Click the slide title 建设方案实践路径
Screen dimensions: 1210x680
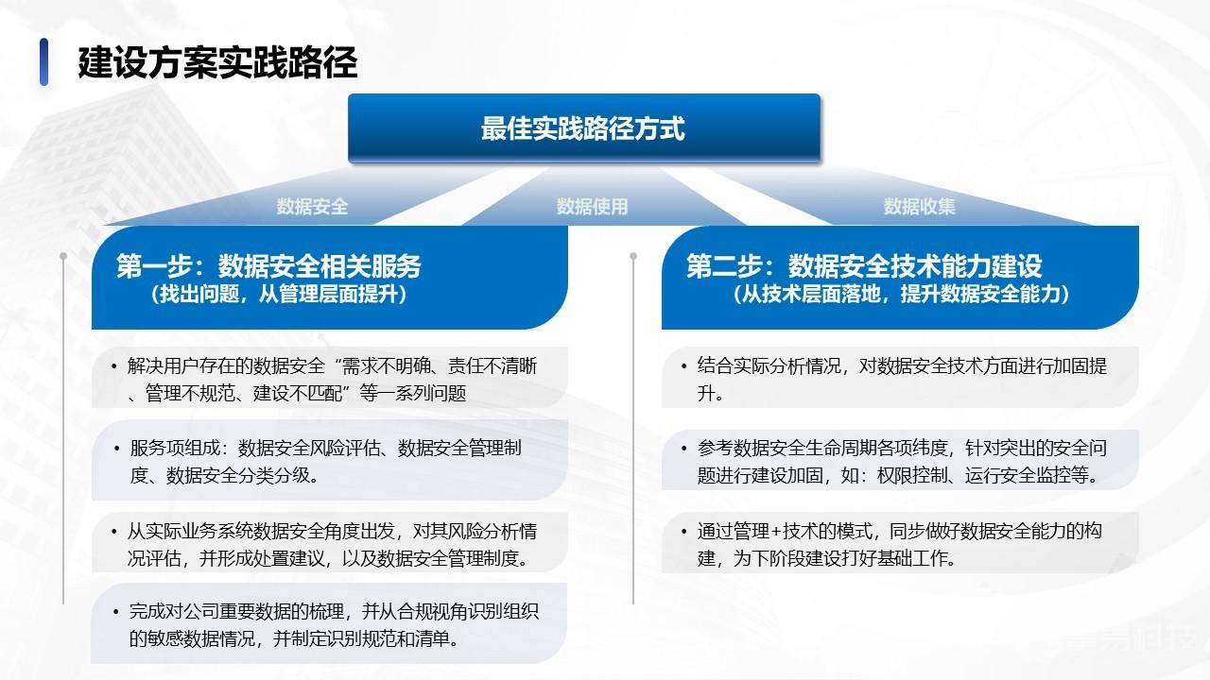point(217,62)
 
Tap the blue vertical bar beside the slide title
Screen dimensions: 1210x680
point(43,62)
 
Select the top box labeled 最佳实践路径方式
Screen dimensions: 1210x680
point(584,127)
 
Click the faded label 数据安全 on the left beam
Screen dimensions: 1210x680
point(312,206)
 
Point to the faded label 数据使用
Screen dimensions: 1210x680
point(592,206)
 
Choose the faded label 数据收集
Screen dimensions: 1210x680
point(920,206)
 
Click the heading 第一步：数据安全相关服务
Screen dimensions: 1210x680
point(268,265)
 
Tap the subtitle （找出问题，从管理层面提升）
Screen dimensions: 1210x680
point(279,294)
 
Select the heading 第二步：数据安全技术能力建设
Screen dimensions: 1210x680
point(864,265)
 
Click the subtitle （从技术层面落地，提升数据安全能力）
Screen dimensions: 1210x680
point(901,294)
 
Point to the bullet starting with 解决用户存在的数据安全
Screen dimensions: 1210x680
point(324,380)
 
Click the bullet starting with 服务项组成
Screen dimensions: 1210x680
point(319,462)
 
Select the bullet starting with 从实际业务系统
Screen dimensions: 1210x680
point(324,545)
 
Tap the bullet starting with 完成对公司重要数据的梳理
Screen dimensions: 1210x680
point(326,625)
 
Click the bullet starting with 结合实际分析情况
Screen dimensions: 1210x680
point(894,380)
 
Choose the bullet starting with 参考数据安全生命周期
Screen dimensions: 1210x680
point(894,462)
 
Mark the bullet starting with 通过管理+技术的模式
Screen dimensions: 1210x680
point(891,545)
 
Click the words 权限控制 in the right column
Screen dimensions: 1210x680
point(912,475)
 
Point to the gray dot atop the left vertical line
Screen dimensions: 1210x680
point(63,256)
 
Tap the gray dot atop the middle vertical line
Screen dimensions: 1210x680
point(633,256)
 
